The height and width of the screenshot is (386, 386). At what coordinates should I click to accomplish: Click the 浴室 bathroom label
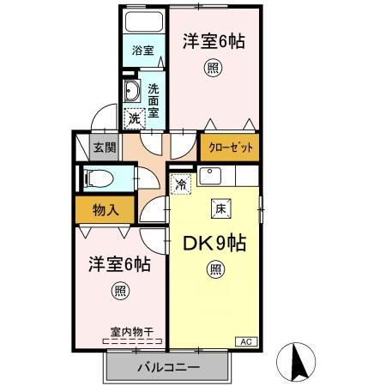pyautogui.click(x=143, y=51)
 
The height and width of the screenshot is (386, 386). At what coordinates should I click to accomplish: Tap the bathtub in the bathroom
pyautogui.click(x=143, y=23)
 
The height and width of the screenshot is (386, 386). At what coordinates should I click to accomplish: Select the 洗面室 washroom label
pyautogui.click(x=154, y=100)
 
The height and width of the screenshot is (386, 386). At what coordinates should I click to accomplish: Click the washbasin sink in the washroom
pyautogui.click(x=132, y=93)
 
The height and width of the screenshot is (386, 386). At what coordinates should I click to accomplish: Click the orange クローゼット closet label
pyautogui.click(x=231, y=148)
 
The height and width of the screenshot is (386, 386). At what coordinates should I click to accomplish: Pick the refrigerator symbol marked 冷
pyautogui.click(x=181, y=184)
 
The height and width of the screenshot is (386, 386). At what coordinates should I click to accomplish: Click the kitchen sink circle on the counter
pyautogui.click(x=210, y=177)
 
